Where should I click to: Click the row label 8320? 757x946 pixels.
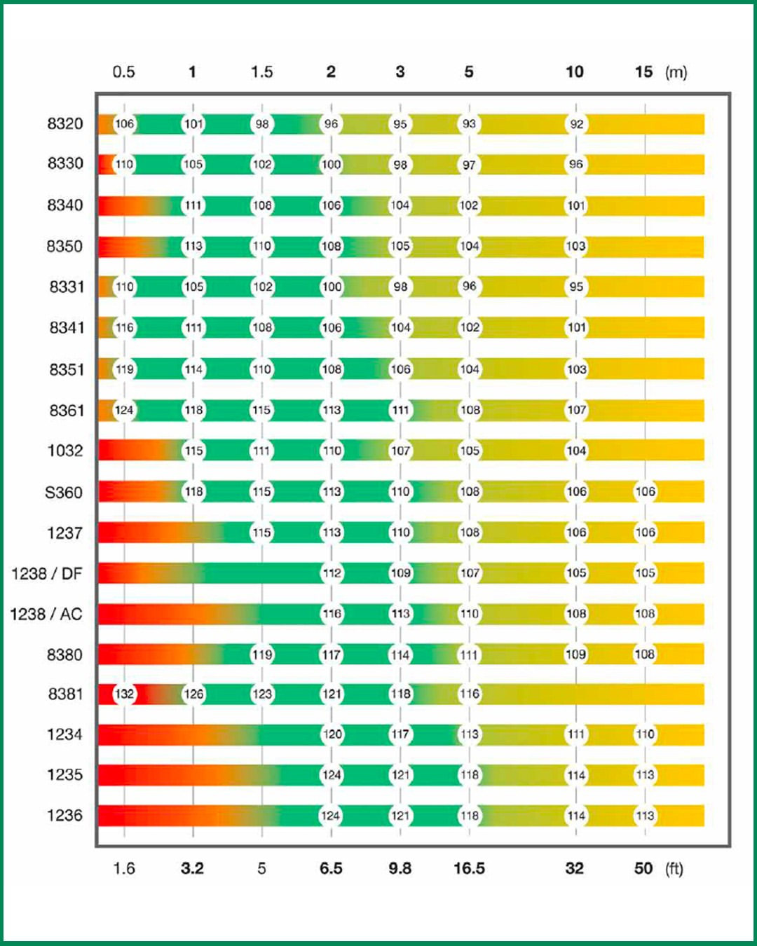64,124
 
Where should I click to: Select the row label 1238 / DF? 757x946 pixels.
47,574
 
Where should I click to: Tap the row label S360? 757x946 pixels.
64,493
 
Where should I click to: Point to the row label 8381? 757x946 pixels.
65,694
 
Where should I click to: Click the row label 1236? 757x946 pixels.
64,816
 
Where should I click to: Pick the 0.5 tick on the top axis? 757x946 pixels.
124,72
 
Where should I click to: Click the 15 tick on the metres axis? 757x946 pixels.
643,72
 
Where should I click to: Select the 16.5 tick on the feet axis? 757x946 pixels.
469,869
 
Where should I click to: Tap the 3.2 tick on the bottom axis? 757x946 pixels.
192,869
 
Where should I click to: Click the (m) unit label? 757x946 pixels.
676,72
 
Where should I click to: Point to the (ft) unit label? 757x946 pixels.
674,869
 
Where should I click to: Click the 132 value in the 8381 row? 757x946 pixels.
124,694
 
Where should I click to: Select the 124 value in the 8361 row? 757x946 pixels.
124,411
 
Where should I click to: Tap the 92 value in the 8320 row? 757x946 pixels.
576,124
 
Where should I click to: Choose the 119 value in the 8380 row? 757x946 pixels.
262,655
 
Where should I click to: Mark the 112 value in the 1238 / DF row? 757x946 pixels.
332,573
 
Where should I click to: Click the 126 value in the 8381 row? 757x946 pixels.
193,694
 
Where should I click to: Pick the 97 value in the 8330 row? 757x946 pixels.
469,165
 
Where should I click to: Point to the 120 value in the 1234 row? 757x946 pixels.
332,734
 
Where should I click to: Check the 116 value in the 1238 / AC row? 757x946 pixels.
332,614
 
